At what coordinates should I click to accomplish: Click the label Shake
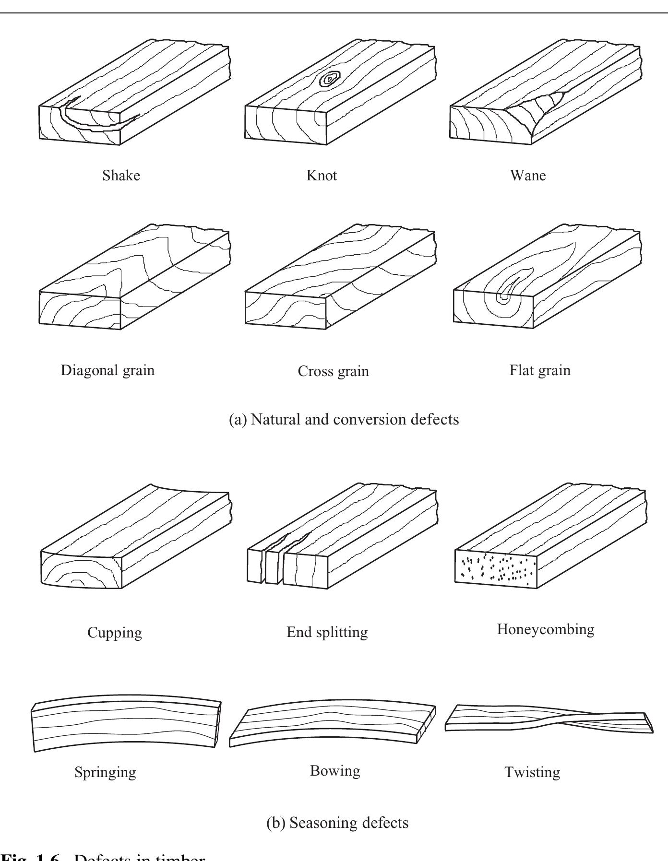121,176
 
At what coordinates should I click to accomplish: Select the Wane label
527,176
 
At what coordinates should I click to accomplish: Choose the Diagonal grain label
107,370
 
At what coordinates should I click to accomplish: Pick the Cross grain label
333,371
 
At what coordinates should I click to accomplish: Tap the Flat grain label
540,370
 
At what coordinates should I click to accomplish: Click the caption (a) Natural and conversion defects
344,419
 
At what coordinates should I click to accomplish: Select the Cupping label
115,632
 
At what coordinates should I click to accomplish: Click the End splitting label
327,632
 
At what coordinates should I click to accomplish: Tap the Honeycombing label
545,629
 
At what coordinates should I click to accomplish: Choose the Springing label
105,772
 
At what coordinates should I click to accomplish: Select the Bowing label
335,771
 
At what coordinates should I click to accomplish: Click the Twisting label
532,772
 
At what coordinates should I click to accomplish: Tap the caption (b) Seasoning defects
337,823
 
